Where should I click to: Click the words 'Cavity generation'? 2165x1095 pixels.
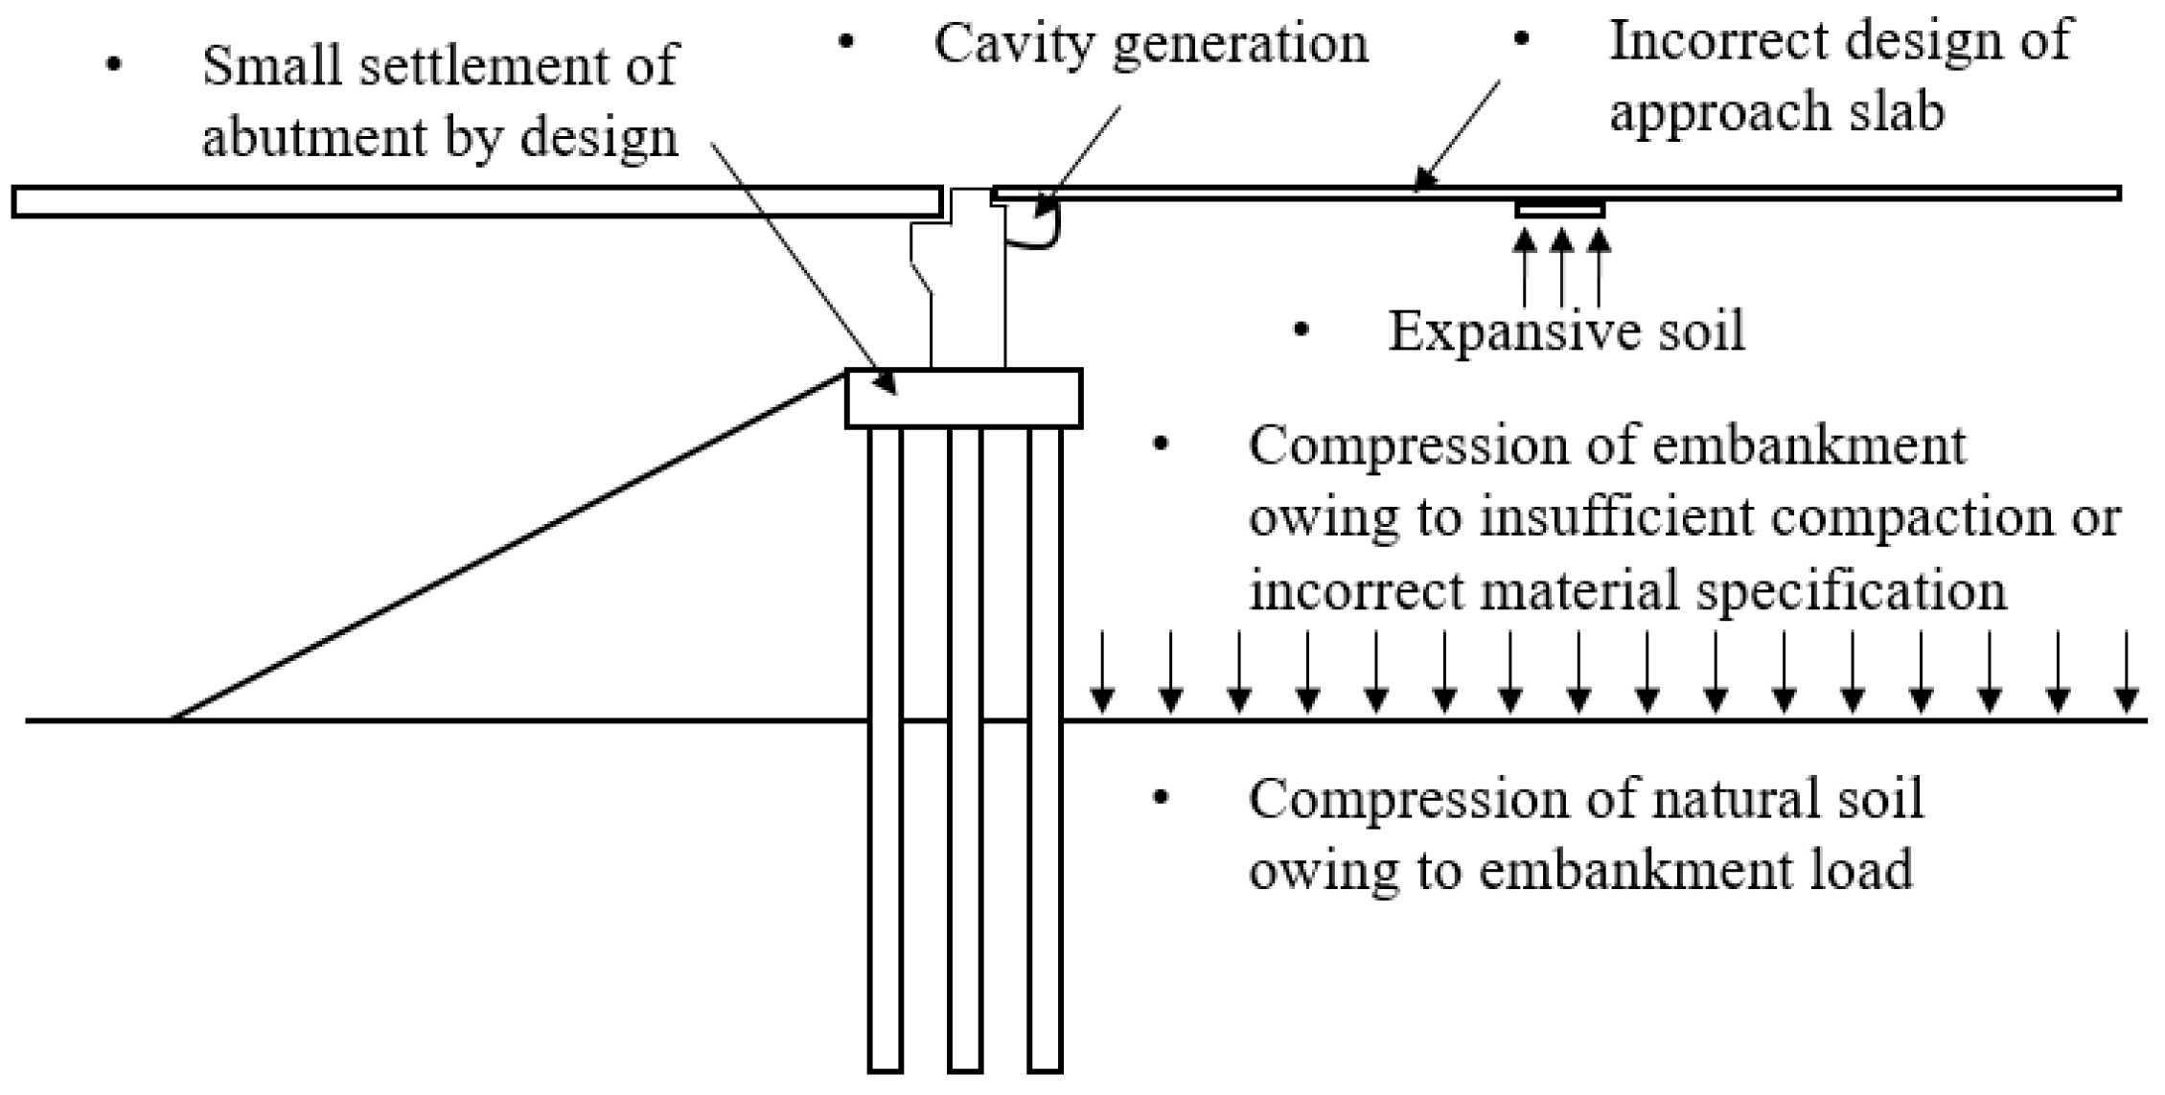point(1150,45)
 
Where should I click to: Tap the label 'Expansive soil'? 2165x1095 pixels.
point(1566,332)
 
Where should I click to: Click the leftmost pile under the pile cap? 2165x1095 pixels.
point(885,747)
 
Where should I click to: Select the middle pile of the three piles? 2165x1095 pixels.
point(965,747)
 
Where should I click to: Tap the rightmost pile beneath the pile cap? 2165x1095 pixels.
point(1045,747)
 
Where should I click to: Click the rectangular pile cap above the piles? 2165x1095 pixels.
point(963,399)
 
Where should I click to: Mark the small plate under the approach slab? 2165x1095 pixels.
point(1559,209)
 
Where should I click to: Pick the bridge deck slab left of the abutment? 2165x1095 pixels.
point(476,202)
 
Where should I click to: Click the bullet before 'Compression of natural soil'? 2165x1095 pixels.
point(1162,797)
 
